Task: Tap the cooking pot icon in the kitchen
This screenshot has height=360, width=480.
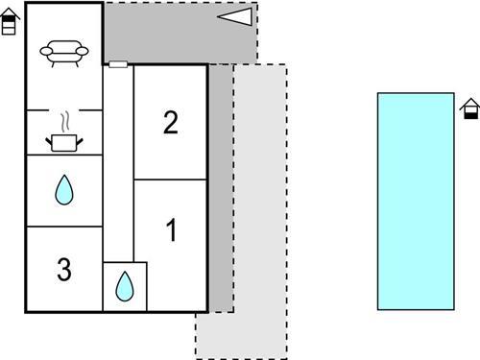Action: pos(64,142)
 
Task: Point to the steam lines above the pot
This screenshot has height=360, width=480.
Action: pos(64,122)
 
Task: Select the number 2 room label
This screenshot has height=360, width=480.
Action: pos(171,122)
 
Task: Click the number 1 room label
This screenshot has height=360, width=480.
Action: pos(171,231)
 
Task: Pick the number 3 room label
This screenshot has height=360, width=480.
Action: pos(64,270)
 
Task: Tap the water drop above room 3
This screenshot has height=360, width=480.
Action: pos(64,190)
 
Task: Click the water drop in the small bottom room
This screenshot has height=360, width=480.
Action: pos(125,286)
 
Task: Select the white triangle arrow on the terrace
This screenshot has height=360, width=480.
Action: pos(235,16)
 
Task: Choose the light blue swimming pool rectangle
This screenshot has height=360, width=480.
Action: pos(415,201)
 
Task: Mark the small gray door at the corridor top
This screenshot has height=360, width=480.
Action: pos(118,64)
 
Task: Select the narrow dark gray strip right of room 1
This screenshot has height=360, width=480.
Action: pos(221,192)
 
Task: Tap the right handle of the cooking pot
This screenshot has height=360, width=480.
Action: pos(79,139)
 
